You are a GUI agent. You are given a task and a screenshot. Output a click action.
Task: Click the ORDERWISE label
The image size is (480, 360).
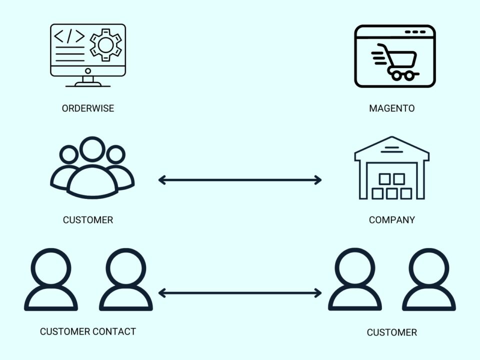[87, 108]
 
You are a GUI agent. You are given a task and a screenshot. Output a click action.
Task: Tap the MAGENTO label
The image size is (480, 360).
[391, 108]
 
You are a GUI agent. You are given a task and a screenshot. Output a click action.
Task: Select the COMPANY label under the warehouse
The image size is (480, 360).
[391, 220]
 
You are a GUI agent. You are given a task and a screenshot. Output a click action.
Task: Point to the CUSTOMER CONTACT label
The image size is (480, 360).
[87, 331]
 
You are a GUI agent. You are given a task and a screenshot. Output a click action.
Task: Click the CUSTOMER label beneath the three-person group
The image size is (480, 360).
[87, 220]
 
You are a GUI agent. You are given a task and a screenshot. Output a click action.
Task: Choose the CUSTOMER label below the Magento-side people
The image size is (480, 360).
[391, 332]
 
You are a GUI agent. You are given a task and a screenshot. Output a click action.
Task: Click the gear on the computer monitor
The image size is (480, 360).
[105, 45]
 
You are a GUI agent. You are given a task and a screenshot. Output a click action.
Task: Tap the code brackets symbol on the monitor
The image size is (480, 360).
[69, 36]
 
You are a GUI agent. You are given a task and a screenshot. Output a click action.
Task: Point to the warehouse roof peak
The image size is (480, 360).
[392, 138]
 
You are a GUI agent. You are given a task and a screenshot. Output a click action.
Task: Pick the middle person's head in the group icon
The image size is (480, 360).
[92, 149]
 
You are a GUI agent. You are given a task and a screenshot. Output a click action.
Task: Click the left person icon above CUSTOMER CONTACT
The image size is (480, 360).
[51, 280]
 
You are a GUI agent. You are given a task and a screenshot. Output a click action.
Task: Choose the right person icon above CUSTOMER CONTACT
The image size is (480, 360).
[125, 280]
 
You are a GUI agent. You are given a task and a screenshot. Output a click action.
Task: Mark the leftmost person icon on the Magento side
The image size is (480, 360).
[355, 280]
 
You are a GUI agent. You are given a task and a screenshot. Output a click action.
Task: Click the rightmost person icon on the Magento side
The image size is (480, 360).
[429, 280]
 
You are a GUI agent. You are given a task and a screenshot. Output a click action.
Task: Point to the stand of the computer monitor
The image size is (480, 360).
[88, 80]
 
